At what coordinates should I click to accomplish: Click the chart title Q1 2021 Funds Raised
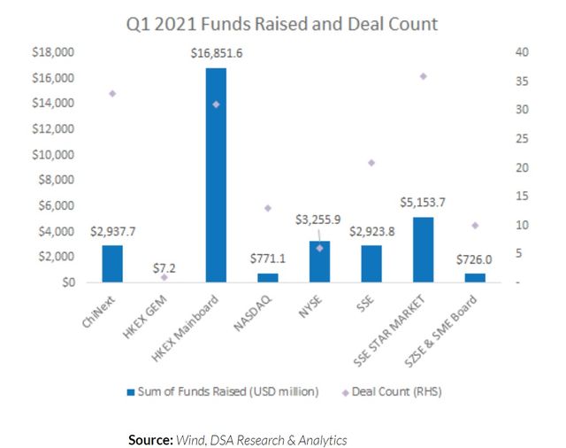(281, 24)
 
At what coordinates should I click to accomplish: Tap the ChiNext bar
(112, 264)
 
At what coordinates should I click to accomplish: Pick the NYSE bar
(319, 262)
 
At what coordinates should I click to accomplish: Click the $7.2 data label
(164, 266)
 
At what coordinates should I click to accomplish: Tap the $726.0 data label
(475, 262)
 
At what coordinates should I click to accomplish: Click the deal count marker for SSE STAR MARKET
(424, 76)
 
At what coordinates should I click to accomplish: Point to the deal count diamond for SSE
(371, 162)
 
